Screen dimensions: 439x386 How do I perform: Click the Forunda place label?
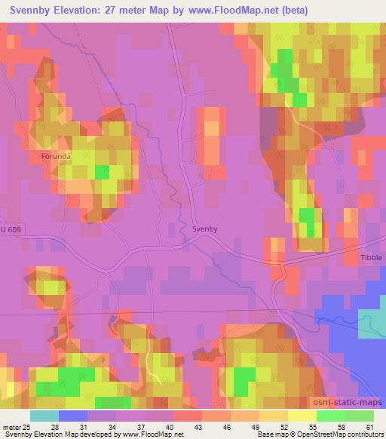pyautogui.click(x=56, y=158)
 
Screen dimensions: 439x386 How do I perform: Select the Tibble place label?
pyautogui.click(x=372, y=257)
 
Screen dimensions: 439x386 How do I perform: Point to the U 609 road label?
pyautogui.click(x=11, y=229)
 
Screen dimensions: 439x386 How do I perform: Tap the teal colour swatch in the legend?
pyautogui.click(x=44, y=416)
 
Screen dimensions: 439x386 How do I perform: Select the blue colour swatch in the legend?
pyautogui.click(x=72, y=416)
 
